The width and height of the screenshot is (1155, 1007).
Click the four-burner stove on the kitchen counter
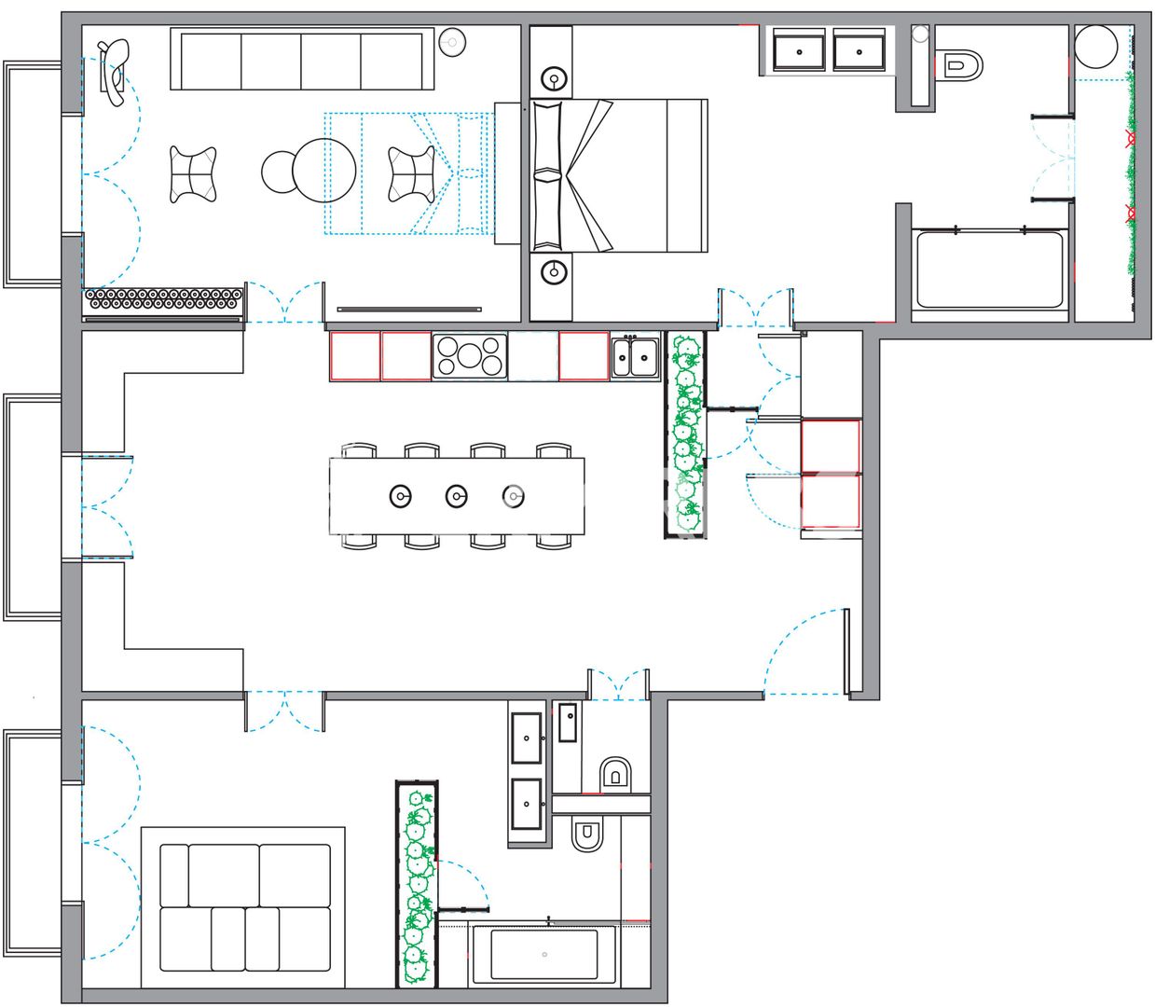[x=470, y=356]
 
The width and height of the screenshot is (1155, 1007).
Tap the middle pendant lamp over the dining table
[x=456, y=496]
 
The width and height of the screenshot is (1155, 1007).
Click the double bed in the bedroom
[x=618, y=175]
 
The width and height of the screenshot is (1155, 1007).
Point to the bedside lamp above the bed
[x=555, y=78]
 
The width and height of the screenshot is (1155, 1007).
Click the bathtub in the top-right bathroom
[x=989, y=269]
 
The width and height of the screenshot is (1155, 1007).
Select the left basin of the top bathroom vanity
[x=799, y=50]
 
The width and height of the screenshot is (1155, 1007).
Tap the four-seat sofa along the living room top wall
[x=302, y=60]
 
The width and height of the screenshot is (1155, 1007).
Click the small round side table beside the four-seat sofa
[x=452, y=42]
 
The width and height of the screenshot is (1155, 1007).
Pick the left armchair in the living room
[x=193, y=174]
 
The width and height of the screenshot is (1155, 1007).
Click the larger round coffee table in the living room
[x=324, y=171]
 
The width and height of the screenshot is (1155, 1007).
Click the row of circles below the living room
[x=164, y=299]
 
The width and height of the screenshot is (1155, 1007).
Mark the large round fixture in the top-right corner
[x=1095, y=47]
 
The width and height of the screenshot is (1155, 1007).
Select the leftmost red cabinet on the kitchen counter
[x=355, y=356]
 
